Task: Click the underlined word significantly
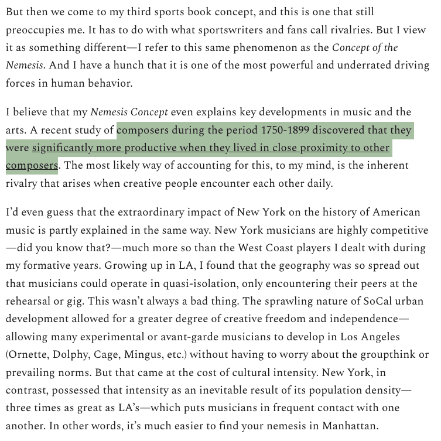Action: tap(66, 148)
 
